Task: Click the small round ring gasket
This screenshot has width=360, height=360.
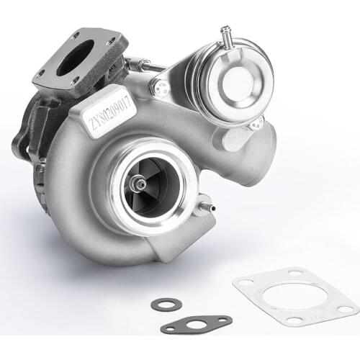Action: coord(166,305)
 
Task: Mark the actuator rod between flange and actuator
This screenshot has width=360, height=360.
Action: coord(148,66)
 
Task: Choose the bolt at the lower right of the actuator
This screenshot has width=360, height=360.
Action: coord(255,123)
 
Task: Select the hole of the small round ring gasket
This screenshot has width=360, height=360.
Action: coord(166,305)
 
